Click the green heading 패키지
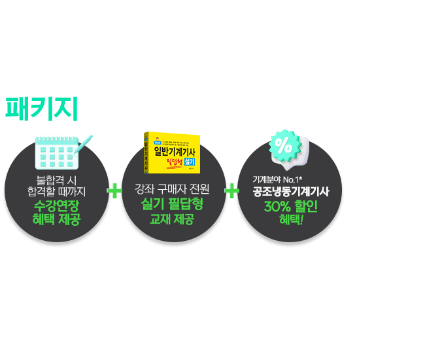42,109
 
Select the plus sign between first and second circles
114,191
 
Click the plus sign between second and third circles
231,191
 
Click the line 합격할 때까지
58,191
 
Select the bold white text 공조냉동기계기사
291,192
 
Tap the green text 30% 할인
291,207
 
